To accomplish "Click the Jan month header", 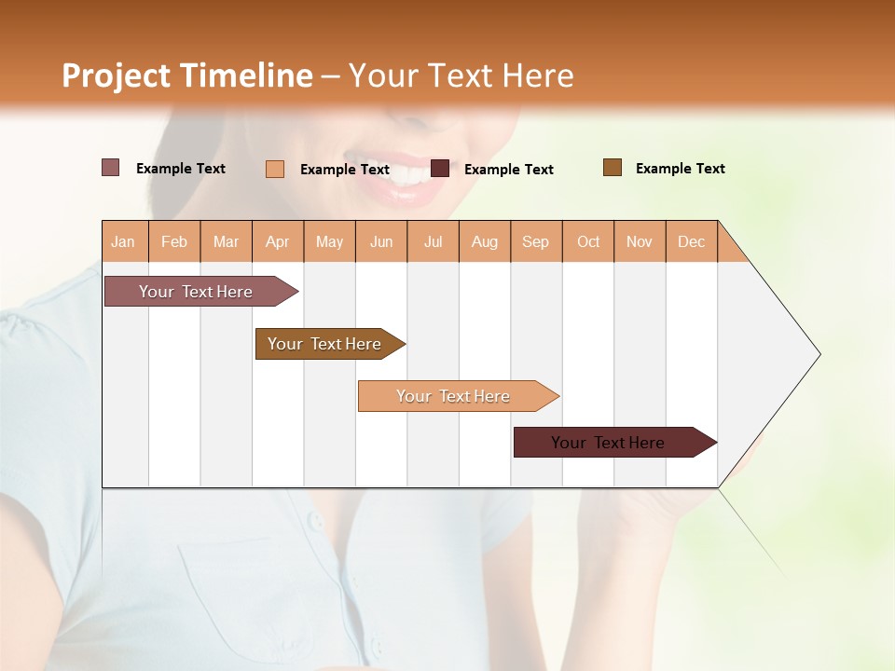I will [123, 241].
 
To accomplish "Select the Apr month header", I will [277, 241].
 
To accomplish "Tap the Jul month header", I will [433, 241].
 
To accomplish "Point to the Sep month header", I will [535, 241].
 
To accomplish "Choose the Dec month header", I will [691, 241].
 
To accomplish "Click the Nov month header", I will [639, 241].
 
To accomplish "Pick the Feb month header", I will [174, 241].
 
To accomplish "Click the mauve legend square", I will [110, 168].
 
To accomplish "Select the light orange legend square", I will [275, 169].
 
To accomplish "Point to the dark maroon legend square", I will [440, 169].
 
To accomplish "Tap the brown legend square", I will [612, 168].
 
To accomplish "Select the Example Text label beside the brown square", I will [680, 169].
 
